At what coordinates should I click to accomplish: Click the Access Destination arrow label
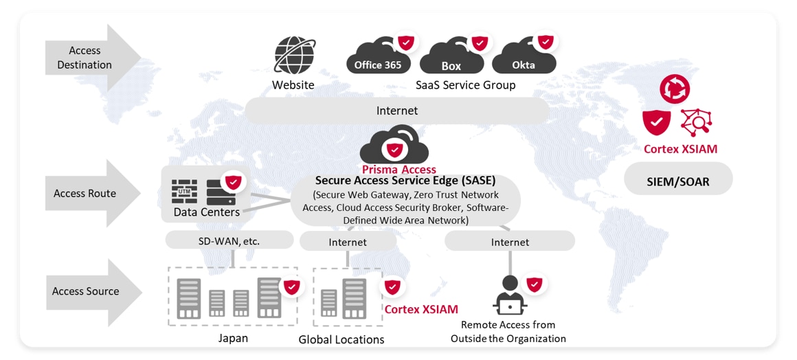[x=85, y=58]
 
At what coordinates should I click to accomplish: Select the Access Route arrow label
[x=85, y=193]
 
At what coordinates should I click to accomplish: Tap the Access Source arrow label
[x=85, y=291]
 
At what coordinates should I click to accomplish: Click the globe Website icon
[x=295, y=56]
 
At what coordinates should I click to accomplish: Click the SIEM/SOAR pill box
[x=677, y=182]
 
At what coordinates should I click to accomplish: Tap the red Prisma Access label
[x=398, y=170]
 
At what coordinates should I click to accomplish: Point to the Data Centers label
[x=206, y=212]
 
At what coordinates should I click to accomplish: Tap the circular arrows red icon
[x=674, y=89]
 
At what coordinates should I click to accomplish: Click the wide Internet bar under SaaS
[x=396, y=111]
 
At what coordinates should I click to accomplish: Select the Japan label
[x=233, y=338]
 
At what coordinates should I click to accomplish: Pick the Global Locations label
[x=341, y=339]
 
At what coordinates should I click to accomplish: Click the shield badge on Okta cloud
[x=546, y=42]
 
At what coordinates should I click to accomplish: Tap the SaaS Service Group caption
[x=465, y=85]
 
